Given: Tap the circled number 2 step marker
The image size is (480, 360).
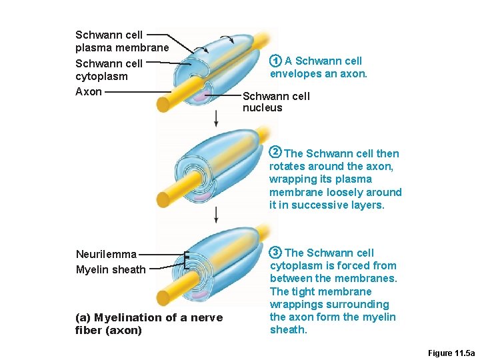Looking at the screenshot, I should [275, 153].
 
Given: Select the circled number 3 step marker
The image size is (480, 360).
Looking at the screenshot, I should [275, 253].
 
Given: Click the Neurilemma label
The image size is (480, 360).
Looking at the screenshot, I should [106, 254].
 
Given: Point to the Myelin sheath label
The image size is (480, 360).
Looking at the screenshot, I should [111, 269].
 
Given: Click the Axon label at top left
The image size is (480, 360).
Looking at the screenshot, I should [89, 91].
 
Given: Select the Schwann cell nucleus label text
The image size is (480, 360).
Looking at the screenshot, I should [276, 101].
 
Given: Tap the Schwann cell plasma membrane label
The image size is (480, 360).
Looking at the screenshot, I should [122, 41].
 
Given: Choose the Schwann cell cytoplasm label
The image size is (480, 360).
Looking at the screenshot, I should [109, 70].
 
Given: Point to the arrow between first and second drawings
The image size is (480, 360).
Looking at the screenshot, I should [216, 118].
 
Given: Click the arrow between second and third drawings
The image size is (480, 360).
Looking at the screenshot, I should [216, 214].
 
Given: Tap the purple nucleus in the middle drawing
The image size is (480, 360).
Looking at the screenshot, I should [200, 196].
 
